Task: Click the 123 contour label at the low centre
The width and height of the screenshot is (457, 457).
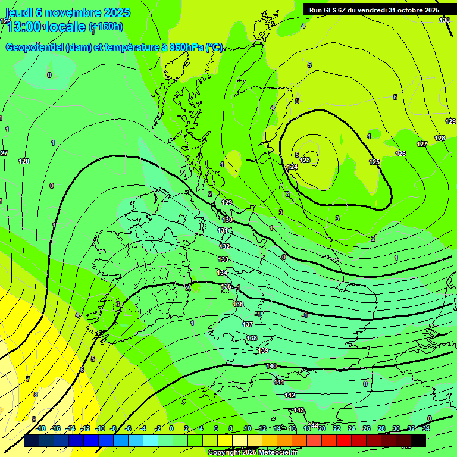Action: [x=305, y=160]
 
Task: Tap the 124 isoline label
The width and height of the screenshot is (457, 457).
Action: [x=292, y=167]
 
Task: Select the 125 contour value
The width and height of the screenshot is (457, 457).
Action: [x=374, y=162]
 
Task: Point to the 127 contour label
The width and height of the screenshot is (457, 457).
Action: [x=422, y=145]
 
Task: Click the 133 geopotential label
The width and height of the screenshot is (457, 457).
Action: [x=223, y=259]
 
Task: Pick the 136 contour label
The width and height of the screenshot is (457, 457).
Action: [x=238, y=304]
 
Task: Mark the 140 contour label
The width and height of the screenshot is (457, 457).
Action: [x=271, y=366]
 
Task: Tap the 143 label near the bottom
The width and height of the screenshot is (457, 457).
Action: [x=299, y=410]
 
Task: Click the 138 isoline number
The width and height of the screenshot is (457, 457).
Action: [x=252, y=338]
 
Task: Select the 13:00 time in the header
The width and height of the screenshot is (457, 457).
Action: [x=24, y=27]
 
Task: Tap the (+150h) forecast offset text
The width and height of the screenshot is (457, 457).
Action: [x=106, y=26]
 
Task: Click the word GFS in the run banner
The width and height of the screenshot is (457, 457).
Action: [x=333, y=10]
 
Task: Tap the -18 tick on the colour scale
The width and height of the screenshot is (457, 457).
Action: [x=40, y=428]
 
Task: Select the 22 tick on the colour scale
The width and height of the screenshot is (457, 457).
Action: [x=337, y=428]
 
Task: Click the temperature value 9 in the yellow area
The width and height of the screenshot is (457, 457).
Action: [x=34, y=419]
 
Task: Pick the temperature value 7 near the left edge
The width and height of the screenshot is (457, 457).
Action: [x=27, y=379]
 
